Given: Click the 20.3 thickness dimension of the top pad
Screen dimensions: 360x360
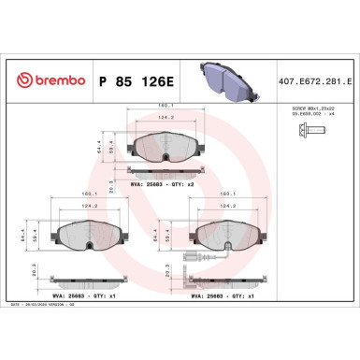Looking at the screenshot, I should [112, 170].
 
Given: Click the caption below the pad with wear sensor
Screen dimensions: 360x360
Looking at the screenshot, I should [229, 296].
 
